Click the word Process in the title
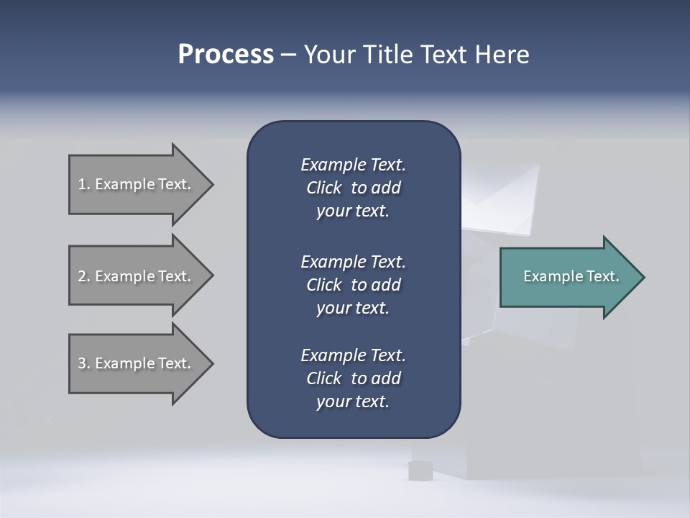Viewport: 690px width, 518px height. (226, 55)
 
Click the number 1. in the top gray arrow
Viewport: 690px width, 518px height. (84, 184)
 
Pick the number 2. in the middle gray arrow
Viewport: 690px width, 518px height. (84, 276)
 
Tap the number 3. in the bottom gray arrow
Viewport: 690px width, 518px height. (84, 363)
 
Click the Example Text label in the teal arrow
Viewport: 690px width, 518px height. (571, 276)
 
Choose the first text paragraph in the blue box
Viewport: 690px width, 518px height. (354, 188)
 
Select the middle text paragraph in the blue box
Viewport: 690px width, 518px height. (354, 284)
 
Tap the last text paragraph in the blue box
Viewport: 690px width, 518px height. (354, 378)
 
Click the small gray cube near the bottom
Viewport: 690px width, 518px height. (420, 471)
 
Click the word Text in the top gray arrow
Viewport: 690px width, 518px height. (174, 184)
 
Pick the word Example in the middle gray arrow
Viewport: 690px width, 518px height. (124, 276)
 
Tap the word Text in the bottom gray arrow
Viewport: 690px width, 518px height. (174, 363)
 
